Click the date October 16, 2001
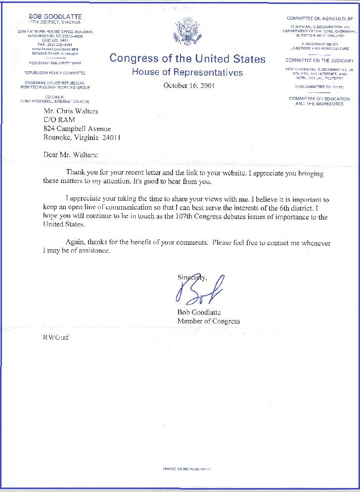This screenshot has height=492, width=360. tap(187, 86)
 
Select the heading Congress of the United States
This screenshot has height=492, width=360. tap(187, 59)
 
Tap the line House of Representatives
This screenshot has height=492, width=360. tap(187, 73)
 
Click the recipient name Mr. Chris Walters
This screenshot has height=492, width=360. tap(71, 111)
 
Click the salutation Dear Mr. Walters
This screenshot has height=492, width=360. tap(71, 154)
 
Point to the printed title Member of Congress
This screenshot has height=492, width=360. tap(208, 321)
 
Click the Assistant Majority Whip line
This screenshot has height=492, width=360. tap(55, 63)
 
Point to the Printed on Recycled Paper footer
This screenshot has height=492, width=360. tap(186, 468)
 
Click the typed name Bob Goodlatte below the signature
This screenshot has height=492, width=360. tap(199, 312)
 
